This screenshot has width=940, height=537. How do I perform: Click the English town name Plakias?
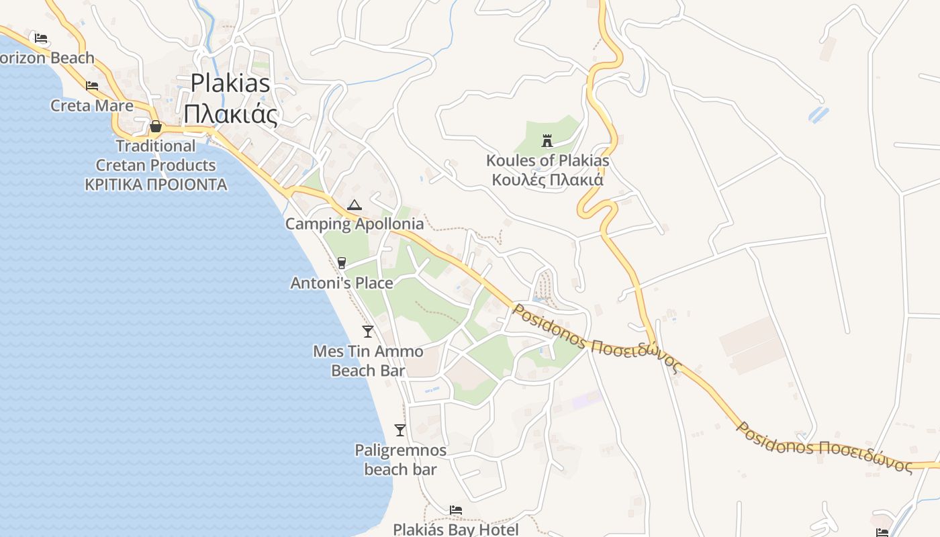pyautogui.click(x=230, y=83)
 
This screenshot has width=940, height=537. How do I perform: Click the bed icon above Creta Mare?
pyautogui.click(x=92, y=86)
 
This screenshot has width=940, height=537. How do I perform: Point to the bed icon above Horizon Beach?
pyautogui.click(x=41, y=38)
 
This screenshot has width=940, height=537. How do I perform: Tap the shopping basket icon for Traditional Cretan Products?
pyautogui.click(x=156, y=126)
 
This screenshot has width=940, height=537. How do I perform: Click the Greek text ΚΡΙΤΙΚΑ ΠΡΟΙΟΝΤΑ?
pyautogui.click(x=156, y=185)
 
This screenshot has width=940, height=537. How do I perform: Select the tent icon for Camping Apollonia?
pyautogui.click(x=355, y=205)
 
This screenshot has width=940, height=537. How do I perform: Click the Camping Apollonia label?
pyautogui.click(x=355, y=224)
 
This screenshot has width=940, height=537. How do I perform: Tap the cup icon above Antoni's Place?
pyautogui.click(x=342, y=263)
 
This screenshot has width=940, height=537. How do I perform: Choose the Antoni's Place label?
pyautogui.click(x=342, y=283)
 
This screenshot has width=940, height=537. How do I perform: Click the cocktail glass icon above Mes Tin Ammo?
pyautogui.click(x=368, y=331)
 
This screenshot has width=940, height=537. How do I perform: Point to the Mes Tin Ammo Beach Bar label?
pyautogui.click(x=368, y=360)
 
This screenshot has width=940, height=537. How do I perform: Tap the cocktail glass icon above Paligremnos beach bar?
pyautogui.click(x=400, y=430)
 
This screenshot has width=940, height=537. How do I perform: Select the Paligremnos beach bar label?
pyautogui.click(x=400, y=459)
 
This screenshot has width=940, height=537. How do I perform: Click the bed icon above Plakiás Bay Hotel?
pyautogui.click(x=456, y=510)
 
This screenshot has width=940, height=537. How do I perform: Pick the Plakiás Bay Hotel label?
pyautogui.click(x=456, y=529)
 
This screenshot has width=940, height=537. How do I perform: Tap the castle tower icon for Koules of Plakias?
pyautogui.click(x=547, y=141)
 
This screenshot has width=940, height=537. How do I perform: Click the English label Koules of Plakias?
pyautogui.click(x=547, y=160)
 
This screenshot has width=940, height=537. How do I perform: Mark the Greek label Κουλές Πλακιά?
pyautogui.click(x=547, y=180)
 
